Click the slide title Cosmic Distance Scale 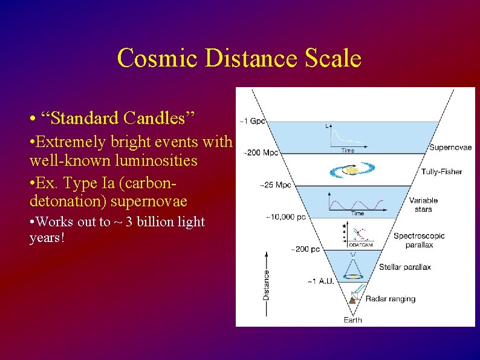pyautogui.click(x=239, y=59)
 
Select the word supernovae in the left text pyautogui.click(x=149, y=201)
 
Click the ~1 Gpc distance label pyautogui.click(x=253, y=121)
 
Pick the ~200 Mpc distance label pyautogui.click(x=261, y=153)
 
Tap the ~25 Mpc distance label pyautogui.click(x=275, y=185)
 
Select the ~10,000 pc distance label pyautogui.click(x=286, y=216)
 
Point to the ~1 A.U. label pyautogui.click(x=320, y=281)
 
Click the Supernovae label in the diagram pyautogui.click(x=450, y=147)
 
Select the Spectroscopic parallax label pyautogui.click(x=419, y=240)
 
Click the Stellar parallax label pyautogui.click(x=405, y=267)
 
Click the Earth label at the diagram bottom pyautogui.click(x=353, y=319)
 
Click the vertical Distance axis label pyautogui.click(x=267, y=284)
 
